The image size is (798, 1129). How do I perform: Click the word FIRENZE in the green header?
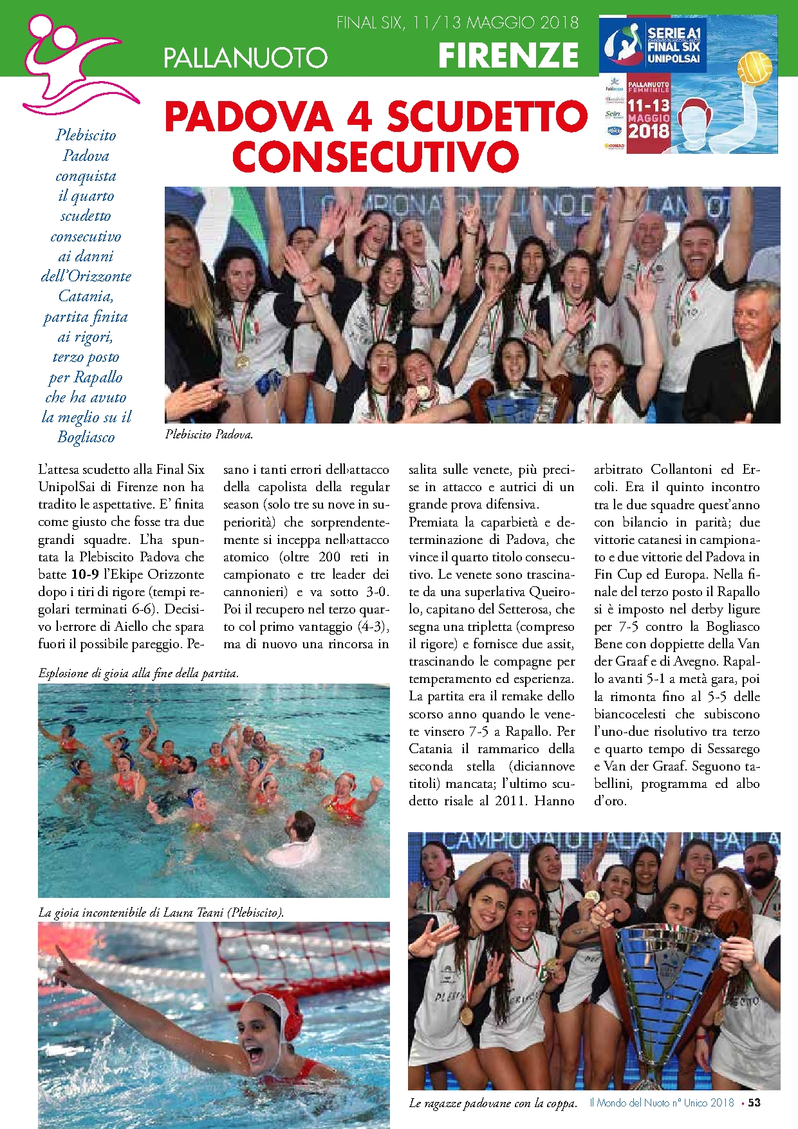(x=508, y=55)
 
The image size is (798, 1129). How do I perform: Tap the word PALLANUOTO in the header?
(x=245, y=58)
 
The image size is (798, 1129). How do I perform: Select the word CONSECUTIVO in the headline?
(x=375, y=156)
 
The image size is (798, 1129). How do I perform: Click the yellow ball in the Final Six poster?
(x=754, y=68)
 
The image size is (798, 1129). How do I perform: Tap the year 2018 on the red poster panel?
(x=648, y=131)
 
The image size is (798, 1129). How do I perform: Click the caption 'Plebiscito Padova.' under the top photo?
(x=209, y=434)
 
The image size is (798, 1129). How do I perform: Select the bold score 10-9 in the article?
(x=84, y=574)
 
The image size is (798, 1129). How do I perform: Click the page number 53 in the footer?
(x=754, y=1103)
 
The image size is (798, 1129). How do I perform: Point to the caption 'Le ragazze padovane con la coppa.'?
(x=492, y=1103)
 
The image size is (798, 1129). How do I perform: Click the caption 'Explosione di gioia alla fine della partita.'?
(x=138, y=673)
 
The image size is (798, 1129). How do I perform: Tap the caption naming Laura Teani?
(x=161, y=912)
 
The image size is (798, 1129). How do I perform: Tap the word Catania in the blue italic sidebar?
(x=86, y=296)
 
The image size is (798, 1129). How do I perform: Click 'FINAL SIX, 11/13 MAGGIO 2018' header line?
(x=458, y=23)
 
